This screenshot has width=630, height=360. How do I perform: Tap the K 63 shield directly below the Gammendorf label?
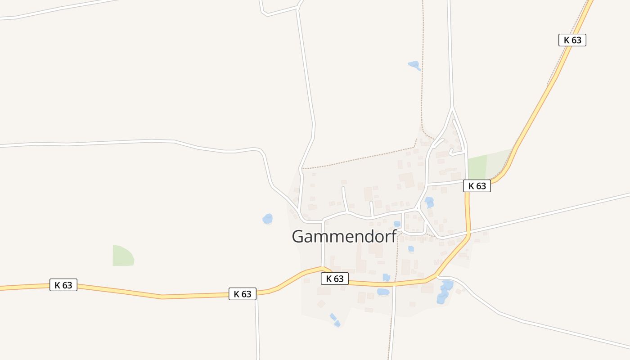pyautogui.click(x=335, y=279)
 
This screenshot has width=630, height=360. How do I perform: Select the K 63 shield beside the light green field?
pyautogui.click(x=477, y=186)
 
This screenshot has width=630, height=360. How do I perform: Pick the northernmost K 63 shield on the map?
pyautogui.click(x=572, y=40)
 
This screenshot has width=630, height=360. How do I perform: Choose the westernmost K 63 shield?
pyautogui.click(x=63, y=285)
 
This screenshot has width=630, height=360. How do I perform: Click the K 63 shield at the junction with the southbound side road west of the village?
pyautogui.click(x=243, y=294)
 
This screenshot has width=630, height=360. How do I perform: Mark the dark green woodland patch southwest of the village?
pyautogui.click(x=123, y=256)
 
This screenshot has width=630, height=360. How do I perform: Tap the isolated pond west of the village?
pyautogui.click(x=268, y=219)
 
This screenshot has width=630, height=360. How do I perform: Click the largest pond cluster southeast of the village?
pyautogui.click(x=445, y=291)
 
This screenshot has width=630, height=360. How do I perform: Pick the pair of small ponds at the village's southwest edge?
pyautogui.click(x=335, y=320)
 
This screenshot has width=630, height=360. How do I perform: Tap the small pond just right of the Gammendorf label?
pyautogui.click(x=397, y=224)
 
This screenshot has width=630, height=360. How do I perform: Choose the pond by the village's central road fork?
pyautogui.click(x=429, y=202)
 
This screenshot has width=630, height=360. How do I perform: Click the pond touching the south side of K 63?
pyautogui.click(x=383, y=292)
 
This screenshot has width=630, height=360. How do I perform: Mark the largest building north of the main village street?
pyautogui.click(x=407, y=180)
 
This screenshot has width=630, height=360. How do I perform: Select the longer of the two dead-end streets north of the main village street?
pyautogui.click(x=344, y=198)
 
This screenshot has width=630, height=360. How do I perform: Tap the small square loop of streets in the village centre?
pyautogui.click(x=414, y=222)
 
